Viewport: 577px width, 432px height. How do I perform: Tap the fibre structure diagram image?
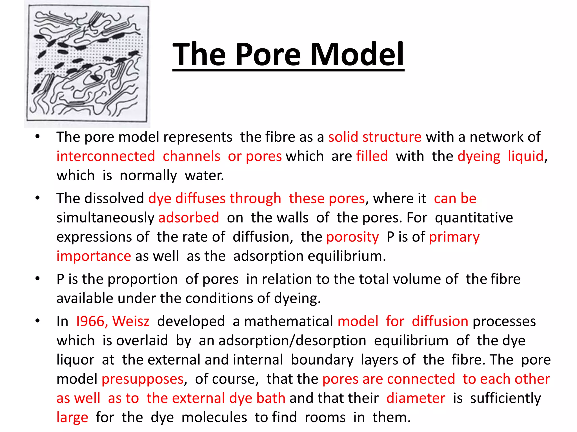click(x=87, y=64)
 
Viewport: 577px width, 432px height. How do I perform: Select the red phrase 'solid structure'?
click(x=375, y=137)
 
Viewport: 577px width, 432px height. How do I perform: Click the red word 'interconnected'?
click(x=106, y=156)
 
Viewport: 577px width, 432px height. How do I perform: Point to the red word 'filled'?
click(x=372, y=156)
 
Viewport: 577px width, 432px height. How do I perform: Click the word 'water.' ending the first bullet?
click(x=204, y=175)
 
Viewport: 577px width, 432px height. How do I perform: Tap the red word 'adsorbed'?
click(x=189, y=218)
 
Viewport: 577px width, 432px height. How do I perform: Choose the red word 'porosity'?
click(x=352, y=237)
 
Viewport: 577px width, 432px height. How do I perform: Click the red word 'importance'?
click(x=94, y=256)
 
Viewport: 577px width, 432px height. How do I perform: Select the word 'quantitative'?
click(x=474, y=218)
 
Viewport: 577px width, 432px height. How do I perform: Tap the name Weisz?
click(x=131, y=321)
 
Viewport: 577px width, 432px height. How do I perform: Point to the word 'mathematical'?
click(x=288, y=321)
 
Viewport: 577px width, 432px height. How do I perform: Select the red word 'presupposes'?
click(x=143, y=379)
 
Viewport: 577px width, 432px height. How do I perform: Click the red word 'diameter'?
click(x=416, y=398)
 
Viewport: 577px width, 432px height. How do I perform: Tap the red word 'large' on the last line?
click(x=72, y=417)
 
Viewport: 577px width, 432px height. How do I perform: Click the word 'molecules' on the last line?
click(x=214, y=417)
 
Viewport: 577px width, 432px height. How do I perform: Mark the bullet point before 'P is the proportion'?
click(x=37, y=279)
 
